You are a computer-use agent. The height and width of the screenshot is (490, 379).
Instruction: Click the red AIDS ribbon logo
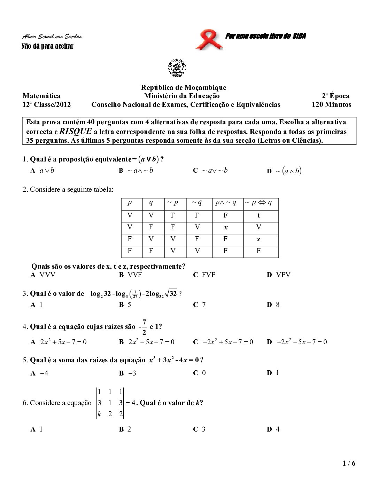(209, 40)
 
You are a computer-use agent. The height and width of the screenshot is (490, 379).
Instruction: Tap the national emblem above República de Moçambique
(177, 68)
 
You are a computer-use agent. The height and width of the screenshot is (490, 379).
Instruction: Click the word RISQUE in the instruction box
(76, 132)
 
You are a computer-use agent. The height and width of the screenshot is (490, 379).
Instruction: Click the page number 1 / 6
(349, 463)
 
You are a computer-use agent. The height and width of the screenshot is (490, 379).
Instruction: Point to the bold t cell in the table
(258, 215)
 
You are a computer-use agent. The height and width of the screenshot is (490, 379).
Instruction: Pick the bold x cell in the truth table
(225, 228)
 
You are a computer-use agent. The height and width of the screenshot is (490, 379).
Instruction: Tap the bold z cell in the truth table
(258, 239)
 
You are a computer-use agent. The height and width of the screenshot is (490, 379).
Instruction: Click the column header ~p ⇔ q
(258, 203)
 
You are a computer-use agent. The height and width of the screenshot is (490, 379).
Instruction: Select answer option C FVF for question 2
(204, 275)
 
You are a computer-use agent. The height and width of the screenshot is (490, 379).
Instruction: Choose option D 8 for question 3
(273, 305)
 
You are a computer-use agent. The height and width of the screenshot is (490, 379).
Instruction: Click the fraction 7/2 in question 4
(144, 326)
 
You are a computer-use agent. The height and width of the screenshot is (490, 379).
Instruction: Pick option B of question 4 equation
(147, 342)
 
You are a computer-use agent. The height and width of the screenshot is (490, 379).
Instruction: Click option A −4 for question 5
(39, 373)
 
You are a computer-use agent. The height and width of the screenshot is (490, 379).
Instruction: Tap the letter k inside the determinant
(99, 414)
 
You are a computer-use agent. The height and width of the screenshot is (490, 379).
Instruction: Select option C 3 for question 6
(199, 429)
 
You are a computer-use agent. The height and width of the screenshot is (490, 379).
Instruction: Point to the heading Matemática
(41, 96)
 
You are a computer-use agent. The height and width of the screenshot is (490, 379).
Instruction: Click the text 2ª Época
(335, 96)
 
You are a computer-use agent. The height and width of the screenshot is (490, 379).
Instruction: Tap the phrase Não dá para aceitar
(47, 46)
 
